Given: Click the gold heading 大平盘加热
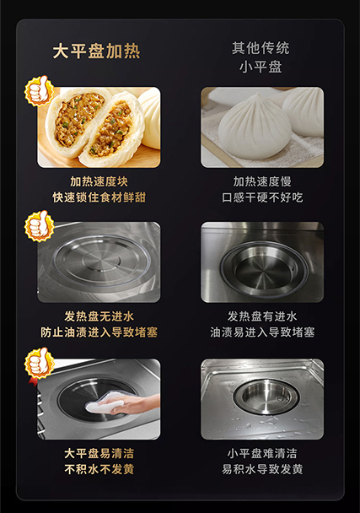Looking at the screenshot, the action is [x=96, y=51].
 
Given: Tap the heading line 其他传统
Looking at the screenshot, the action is [x=261, y=48].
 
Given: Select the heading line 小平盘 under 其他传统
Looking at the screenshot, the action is [x=261, y=67].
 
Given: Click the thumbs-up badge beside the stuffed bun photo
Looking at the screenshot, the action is [x=39, y=90].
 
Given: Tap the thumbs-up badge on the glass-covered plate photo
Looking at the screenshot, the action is [x=39, y=226].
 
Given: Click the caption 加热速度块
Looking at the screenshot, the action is [x=99, y=181].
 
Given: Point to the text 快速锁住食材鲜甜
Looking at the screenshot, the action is [x=99, y=197].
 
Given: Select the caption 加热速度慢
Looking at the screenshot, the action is [x=262, y=181].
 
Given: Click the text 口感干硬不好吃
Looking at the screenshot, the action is [x=262, y=197].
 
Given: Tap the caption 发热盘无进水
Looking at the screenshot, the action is [x=99, y=316].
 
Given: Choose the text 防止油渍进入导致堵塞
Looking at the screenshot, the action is [x=99, y=332].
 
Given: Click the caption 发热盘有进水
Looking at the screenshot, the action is [x=262, y=316].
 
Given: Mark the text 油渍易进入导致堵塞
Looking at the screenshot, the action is [x=262, y=332].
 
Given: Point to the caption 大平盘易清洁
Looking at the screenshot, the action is [x=99, y=453].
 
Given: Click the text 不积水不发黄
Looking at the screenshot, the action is [x=99, y=469].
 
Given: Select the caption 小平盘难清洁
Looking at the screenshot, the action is [x=262, y=453].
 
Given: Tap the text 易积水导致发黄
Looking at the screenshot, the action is [x=262, y=469].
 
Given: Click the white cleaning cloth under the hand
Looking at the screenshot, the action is [x=104, y=402].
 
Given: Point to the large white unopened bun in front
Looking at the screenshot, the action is [x=255, y=127].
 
